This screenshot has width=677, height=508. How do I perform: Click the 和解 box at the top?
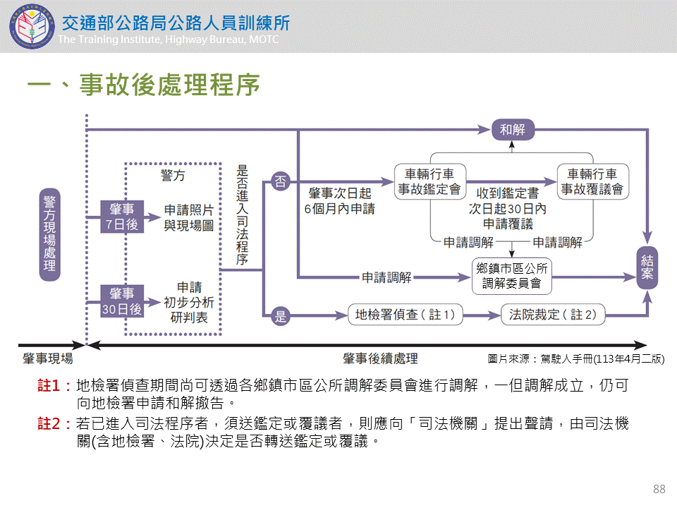[513, 129]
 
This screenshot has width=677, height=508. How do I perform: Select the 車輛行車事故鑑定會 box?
[429, 181]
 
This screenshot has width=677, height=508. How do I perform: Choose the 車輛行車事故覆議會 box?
[592, 181]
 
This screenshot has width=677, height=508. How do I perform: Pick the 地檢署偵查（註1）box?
[405, 315]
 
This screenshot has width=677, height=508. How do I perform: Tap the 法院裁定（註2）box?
[553, 315]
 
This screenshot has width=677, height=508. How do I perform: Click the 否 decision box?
[281, 181]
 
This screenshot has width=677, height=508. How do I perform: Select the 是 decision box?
[281, 315]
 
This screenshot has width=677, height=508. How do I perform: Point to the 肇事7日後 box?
[122, 217]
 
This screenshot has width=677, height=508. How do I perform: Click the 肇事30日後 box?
[122, 301]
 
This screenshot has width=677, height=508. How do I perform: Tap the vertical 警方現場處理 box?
[49, 234]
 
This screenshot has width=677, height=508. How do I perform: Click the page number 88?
[659, 489]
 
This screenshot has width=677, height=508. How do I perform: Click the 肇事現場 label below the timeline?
[47, 358]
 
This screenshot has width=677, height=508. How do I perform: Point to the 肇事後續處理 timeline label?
[380, 358]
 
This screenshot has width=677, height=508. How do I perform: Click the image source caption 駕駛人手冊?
[575, 359]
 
